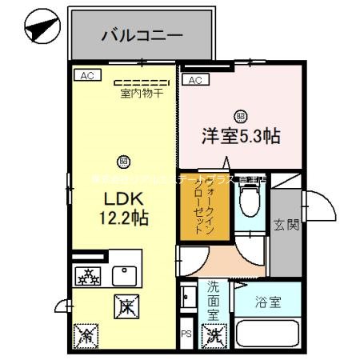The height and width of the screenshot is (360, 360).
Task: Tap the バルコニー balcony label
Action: click(x=142, y=36)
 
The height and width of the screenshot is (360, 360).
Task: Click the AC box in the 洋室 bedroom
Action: click(x=194, y=79)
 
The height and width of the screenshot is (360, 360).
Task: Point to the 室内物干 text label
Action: click(x=142, y=93)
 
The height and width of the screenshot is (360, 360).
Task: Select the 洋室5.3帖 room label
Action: click(x=240, y=136)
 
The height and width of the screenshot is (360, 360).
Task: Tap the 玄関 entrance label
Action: click(x=286, y=225)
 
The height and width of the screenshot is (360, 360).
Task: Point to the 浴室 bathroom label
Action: click(x=268, y=304)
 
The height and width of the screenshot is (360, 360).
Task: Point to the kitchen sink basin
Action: click(x=126, y=274)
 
